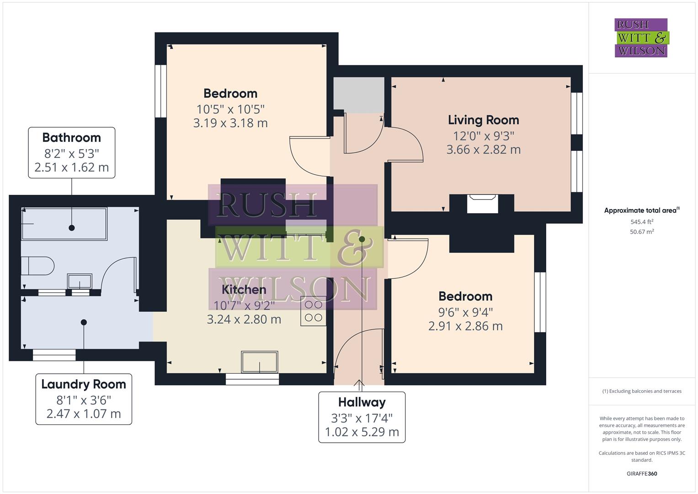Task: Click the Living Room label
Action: click(483, 120)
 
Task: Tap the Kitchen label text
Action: click(244, 290)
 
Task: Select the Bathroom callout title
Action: click(71, 137)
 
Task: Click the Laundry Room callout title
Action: click(84, 384)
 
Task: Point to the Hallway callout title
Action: click(362, 402)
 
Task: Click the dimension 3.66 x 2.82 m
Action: click(483, 150)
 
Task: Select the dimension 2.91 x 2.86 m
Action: click(465, 326)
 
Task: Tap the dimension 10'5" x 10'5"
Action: click(230, 109)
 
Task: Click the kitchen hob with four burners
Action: click(314, 311)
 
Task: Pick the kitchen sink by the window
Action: click(259, 362)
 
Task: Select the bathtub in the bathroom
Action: click(64, 224)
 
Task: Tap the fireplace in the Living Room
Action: click(482, 204)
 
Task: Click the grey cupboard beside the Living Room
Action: click(358, 94)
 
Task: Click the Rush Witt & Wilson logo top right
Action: click(641, 38)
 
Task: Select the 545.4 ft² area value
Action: click(642, 222)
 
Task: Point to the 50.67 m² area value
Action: click(642, 232)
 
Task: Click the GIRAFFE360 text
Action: click(642, 473)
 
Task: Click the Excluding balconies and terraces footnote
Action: click(642, 391)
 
